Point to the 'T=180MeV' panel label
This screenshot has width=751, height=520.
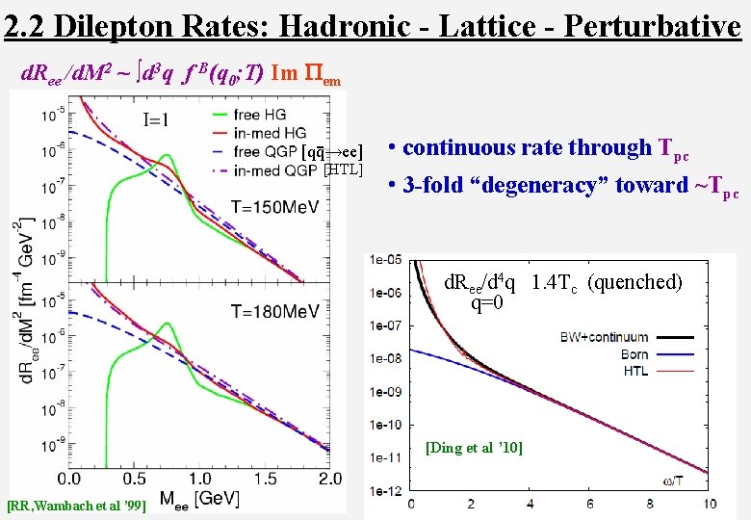[x=274, y=311]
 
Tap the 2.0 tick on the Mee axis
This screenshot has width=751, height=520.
[x=329, y=479]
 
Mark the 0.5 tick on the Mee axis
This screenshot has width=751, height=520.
[x=134, y=479]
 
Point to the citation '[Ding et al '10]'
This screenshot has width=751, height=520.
[x=474, y=448]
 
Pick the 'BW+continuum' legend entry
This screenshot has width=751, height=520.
[x=604, y=337]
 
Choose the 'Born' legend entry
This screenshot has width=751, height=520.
[x=634, y=354]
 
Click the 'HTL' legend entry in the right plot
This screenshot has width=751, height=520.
[x=635, y=371]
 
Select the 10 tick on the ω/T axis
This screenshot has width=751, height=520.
[x=710, y=505]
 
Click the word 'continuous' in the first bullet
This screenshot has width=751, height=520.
[x=463, y=148]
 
